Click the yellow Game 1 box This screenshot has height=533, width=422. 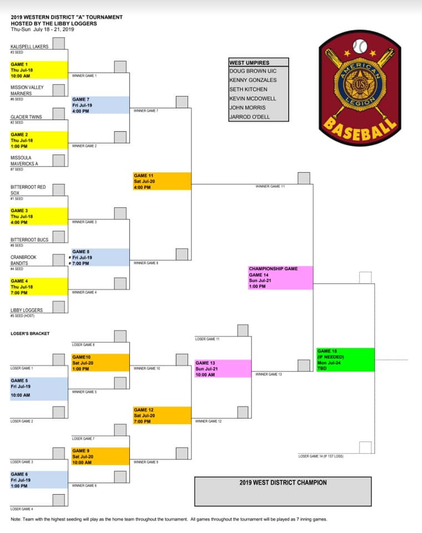(x=39, y=70)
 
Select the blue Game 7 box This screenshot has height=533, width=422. (x=101, y=105)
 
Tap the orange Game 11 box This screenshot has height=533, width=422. (x=162, y=181)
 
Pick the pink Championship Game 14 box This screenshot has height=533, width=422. (x=280, y=278)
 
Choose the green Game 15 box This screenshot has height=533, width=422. (x=345, y=360)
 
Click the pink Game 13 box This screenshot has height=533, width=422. (x=223, y=369)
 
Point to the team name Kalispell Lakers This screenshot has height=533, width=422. (x=29, y=47)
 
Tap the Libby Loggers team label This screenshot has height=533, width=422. (x=27, y=310)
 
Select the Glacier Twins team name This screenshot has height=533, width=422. (x=26, y=117)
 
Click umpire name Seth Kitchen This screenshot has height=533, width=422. (x=248, y=89)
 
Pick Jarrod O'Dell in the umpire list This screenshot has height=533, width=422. (x=250, y=117)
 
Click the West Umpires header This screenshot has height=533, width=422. (x=249, y=63)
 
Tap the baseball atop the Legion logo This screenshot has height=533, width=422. (x=360, y=46)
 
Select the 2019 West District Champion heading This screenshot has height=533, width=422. (x=283, y=482)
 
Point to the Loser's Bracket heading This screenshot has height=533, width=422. (x=30, y=334)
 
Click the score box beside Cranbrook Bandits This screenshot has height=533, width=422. (x=58, y=260)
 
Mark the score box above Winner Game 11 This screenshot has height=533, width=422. (x=304, y=178)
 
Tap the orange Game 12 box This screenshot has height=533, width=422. (x=162, y=415)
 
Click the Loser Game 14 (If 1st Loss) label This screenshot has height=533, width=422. (x=321, y=456)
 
